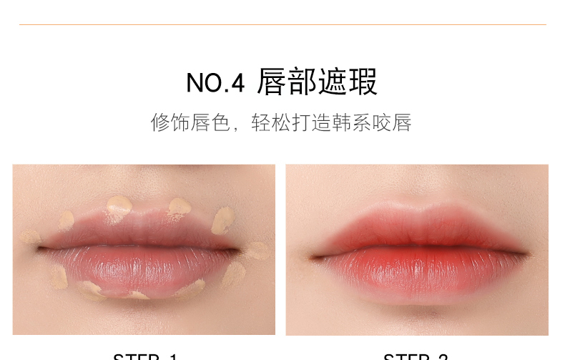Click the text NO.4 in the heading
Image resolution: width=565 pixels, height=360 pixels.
pos(215,83)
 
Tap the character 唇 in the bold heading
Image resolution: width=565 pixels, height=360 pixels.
pos(272,82)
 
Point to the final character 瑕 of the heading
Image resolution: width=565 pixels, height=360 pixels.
pos(363,82)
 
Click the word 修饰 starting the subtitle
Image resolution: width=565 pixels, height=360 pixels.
pos(171,122)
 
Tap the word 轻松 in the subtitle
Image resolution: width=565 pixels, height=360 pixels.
pos(271,122)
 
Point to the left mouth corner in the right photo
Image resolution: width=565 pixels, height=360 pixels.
pos(313,256)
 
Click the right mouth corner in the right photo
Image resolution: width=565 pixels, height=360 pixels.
pos(528,253)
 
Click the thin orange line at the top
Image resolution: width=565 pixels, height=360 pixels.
pos(282,25)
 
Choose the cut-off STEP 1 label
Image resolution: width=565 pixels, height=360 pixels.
pos(145,356)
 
